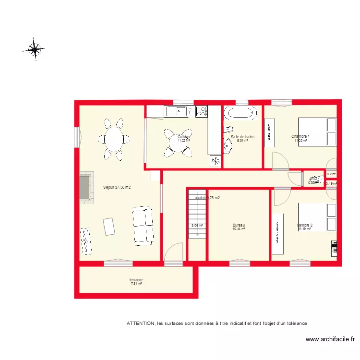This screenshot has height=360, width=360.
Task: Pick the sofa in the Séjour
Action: coord(142,224)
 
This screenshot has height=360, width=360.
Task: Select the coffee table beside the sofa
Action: coord(109,227)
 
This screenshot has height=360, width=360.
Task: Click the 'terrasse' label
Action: coord(136,280)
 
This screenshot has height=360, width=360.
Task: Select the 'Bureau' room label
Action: coord(239,225)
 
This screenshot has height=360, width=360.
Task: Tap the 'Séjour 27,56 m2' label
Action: coord(117,188)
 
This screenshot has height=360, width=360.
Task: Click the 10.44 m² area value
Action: coord(239,229)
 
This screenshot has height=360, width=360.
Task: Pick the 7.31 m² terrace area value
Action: coord(136,284)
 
